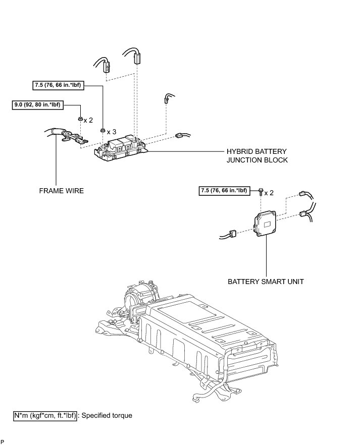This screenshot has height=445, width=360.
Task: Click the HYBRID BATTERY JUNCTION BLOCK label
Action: pyautogui.click(x=256, y=155)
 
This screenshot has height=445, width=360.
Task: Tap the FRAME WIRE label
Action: pyautogui.click(x=61, y=191)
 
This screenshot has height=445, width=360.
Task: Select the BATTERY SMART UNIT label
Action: pyautogui.click(x=266, y=281)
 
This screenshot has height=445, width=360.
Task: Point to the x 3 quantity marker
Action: pyautogui.click(x=112, y=131)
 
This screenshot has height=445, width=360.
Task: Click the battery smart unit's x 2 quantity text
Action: pyautogui.click(x=269, y=193)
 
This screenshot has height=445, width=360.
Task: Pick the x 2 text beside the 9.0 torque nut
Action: pyautogui.click(x=88, y=120)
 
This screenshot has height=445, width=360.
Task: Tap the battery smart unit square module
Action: pyautogui.click(x=266, y=222)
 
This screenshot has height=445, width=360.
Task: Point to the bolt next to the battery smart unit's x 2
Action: pyautogui.click(x=260, y=192)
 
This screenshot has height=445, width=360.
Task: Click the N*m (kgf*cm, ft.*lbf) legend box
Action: pyautogui.click(x=45, y=416)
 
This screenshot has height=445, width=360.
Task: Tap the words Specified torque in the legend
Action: pyautogui.click(x=107, y=416)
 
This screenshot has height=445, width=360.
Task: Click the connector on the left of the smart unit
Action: pyautogui.click(x=233, y=234)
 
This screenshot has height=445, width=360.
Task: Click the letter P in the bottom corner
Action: pyautogui.click(x=3, y=442)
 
